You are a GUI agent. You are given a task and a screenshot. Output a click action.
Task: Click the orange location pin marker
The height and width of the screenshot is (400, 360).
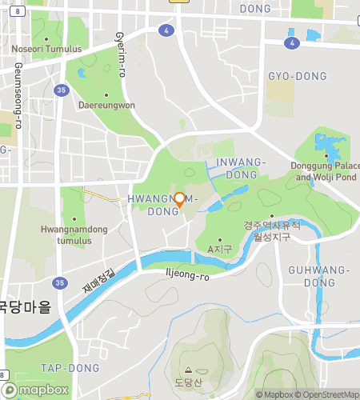point(180,200)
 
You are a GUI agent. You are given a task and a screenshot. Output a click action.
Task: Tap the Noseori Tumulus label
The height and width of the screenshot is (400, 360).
point(47,49)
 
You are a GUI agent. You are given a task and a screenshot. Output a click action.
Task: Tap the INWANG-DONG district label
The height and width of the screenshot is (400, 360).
point(241,167)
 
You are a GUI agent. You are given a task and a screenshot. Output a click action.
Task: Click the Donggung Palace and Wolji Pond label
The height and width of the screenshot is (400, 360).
point(328,171)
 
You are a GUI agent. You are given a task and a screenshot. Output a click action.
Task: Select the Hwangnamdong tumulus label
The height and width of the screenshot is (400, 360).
point(74,234)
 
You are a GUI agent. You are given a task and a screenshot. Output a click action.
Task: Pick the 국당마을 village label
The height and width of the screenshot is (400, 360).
point(24,306)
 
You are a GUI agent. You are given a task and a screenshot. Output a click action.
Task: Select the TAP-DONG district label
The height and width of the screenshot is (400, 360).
point(70,368)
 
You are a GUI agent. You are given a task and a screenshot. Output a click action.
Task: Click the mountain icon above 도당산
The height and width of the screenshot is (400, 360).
point(189,370)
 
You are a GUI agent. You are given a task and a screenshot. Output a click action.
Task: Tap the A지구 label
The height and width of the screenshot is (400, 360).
point(219,250)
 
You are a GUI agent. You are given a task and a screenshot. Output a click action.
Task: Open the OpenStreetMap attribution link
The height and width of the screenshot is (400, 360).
point(327,394)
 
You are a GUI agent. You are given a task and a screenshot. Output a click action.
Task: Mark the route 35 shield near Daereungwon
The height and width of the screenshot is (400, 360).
point(61,90)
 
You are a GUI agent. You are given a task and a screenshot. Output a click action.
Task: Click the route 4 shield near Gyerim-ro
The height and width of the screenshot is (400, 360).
point(166,30)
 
